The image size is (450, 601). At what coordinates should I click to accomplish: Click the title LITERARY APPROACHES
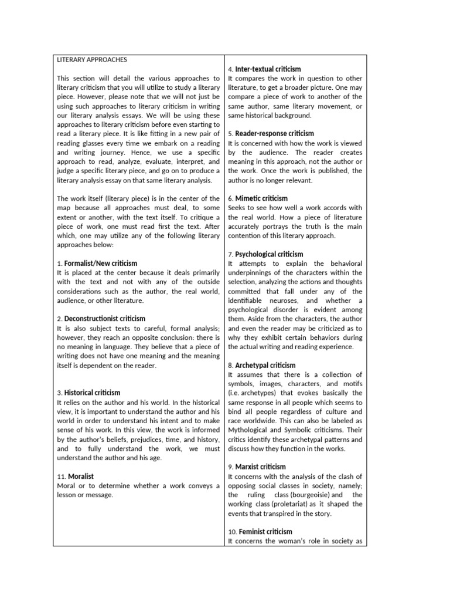coord(92,59)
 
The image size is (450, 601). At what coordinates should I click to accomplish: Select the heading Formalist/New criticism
coord(100,263)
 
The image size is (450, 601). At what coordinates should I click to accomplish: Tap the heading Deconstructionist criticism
coord(104,319)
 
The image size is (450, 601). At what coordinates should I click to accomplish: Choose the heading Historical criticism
coord(92,393)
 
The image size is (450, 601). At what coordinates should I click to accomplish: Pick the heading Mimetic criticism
coord(261,198)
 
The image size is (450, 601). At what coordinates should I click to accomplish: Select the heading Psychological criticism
coord(269,254)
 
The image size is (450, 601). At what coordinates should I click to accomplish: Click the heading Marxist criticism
coord(260,467)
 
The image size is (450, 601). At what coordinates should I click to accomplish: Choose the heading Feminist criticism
coord(263,532)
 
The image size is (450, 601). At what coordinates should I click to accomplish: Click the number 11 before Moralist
coord(61,476)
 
